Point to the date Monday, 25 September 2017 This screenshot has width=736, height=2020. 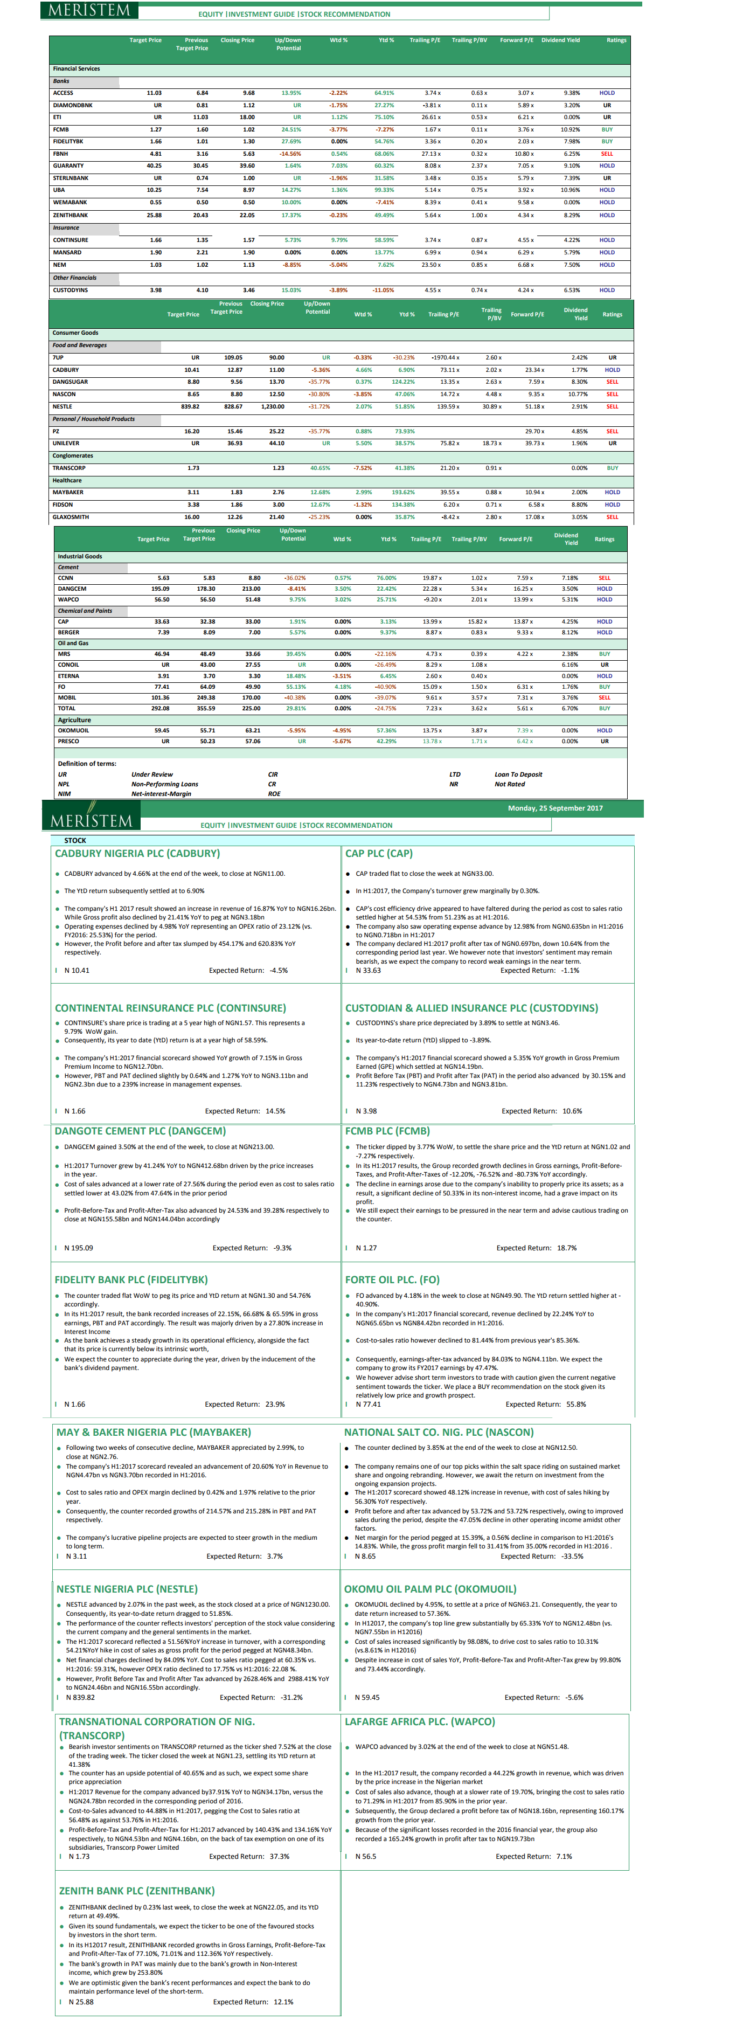coord(555,808)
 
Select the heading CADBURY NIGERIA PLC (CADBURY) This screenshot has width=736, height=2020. coord(137,853)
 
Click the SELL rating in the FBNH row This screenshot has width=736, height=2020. coord(607,154)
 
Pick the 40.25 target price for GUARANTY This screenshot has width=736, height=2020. coord(154,165)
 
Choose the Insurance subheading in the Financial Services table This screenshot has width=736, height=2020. coord(66,227)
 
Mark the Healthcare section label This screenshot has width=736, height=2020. coord(67,480)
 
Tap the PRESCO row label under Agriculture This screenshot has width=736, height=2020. coord(68,741)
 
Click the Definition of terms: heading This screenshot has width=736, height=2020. coord(86,763)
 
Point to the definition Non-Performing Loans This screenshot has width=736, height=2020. coord(164,784)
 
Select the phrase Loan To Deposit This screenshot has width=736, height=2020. coord(518,774)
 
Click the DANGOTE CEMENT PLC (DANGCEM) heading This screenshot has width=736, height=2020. coord(140,1131)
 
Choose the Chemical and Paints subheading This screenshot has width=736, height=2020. coord(85,610)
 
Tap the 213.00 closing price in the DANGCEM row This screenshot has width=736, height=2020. coord(251,588)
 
